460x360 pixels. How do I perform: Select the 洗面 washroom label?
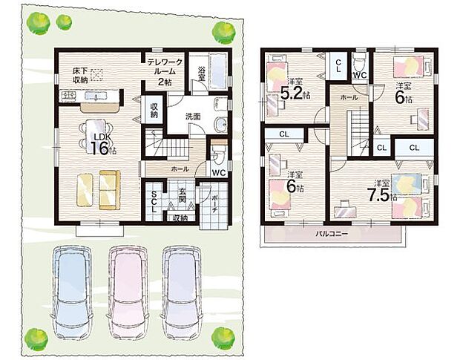point(194,116)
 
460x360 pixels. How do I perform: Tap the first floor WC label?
point(218,173)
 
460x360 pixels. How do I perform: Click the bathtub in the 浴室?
point(220,72)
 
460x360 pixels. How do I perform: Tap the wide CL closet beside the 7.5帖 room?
point(413,148)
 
